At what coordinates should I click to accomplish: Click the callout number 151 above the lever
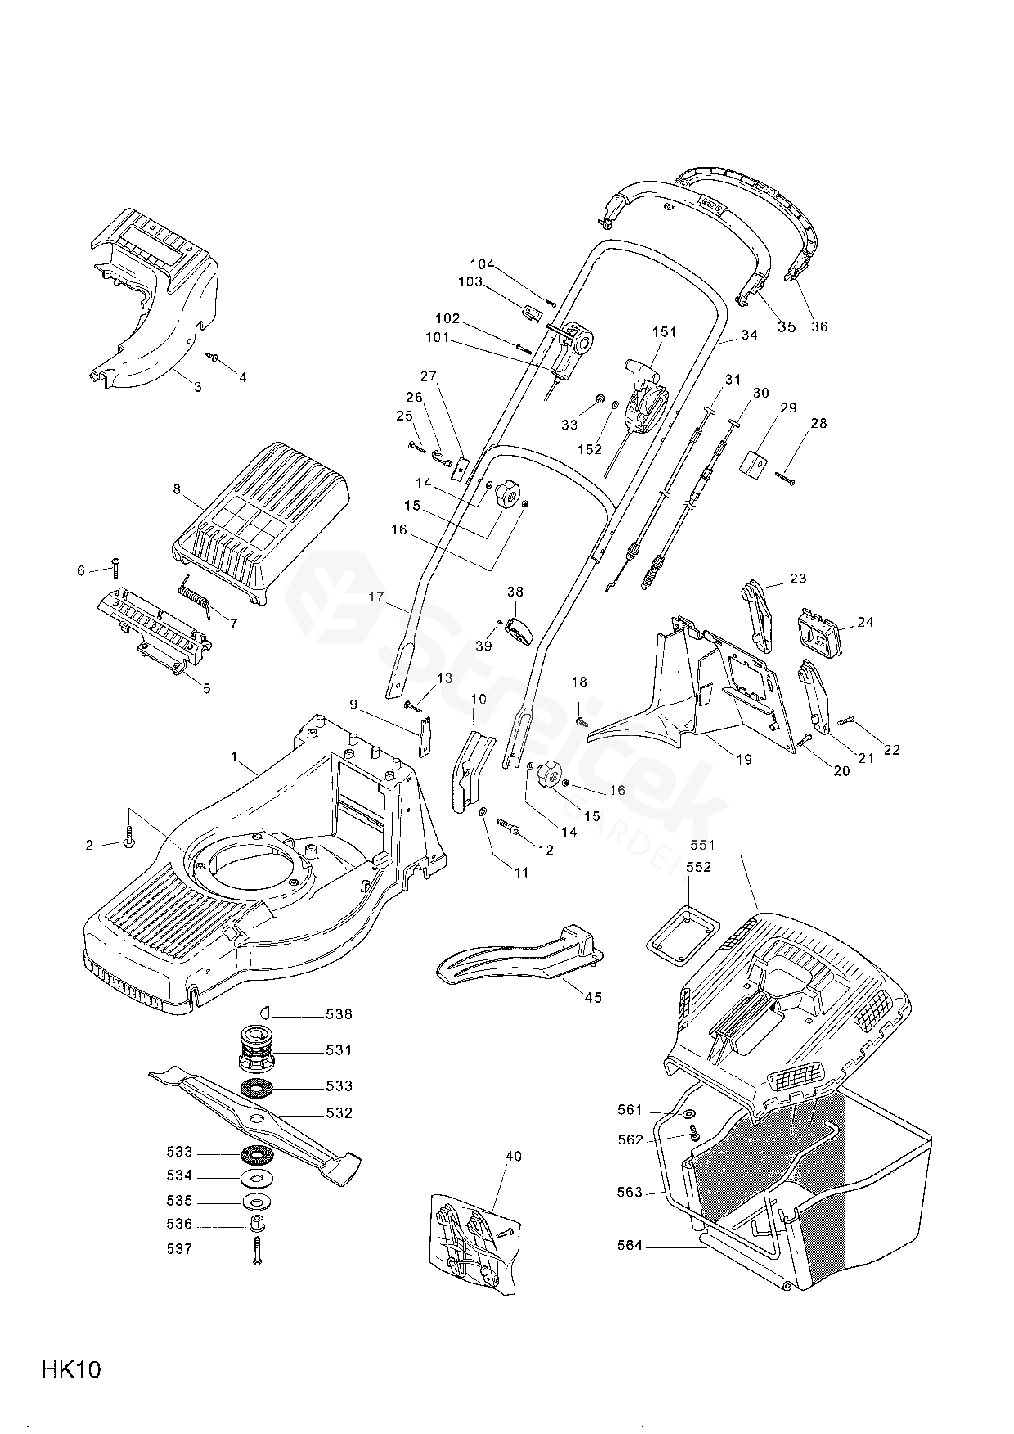(x=664, y=332)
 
